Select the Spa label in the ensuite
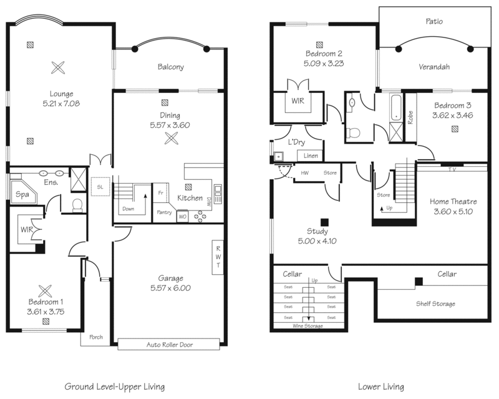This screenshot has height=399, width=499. click(22, 195)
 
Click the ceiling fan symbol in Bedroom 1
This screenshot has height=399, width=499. click(46, 290)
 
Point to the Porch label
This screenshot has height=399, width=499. click(95, 338)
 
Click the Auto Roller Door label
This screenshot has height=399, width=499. click(168, 344)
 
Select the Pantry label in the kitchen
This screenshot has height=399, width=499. click(165, 212)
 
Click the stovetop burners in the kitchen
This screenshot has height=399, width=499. click(201, 216)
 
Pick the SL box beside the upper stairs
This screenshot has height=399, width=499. click(100, 186)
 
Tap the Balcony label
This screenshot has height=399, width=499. click(170, 67)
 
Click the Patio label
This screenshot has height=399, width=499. click(434, 21)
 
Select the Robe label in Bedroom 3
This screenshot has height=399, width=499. click(410, 117)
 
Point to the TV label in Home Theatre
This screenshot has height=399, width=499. click(452, 169)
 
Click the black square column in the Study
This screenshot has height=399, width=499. click(324, 222)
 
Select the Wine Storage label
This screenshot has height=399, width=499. click(308, 325)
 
